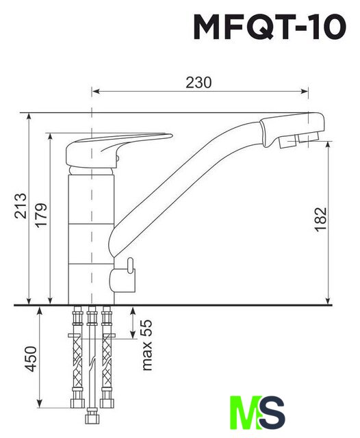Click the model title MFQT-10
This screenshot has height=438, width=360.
(270, 27)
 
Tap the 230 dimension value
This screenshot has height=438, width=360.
(198, 83)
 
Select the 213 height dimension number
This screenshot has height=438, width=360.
(21, 205)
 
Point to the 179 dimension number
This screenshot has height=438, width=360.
(41, 215)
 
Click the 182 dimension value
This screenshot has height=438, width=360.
(321, 219)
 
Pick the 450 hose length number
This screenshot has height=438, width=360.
(31, 359)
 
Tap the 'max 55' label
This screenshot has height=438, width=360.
(147, 345)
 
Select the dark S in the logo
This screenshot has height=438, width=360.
(273, 412)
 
